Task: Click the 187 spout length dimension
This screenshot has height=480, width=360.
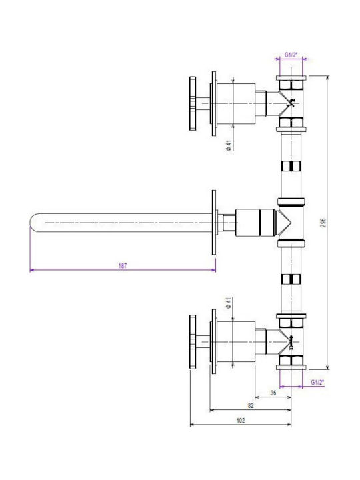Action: (123, 266)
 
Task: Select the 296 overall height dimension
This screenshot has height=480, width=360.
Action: (323, 223)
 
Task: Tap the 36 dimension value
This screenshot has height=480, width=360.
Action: (273, 393)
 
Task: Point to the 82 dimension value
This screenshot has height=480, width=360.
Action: (251, 405)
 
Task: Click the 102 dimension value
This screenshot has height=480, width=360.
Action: (241, 420)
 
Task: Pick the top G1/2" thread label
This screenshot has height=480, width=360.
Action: (291, 55)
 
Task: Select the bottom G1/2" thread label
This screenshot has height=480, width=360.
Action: (317, 382)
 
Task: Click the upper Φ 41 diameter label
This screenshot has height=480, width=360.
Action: (229, 145)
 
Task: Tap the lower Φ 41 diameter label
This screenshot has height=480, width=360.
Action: (229, 303)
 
